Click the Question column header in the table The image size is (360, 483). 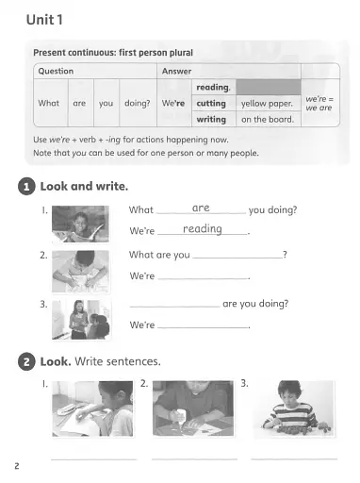point(56,71)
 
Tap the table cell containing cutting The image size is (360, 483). point(211,103)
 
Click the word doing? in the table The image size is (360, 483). point(138,103)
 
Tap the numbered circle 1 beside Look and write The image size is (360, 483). point(26,187)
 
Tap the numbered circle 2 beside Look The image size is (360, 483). point(26,361)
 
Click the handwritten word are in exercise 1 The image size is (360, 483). point(201,207)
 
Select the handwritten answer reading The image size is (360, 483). point(203,229)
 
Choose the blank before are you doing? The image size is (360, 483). point(173,305)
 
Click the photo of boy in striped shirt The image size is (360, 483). point(292,408)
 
